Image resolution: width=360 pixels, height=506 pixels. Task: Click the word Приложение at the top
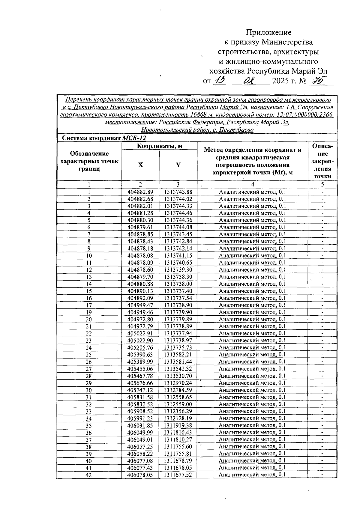click(268, 32)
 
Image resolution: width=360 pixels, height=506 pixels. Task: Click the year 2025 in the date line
click(280, 81)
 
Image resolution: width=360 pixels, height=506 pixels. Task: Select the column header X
click(140, 165)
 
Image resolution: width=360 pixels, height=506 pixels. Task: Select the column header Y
click(178, 165)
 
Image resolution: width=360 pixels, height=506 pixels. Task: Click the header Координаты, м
click(160, 146)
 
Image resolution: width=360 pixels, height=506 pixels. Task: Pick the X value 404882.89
click(140, 192)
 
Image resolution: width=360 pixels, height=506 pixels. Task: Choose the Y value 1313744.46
click(178, 213)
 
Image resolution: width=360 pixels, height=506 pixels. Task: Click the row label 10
click(89, 256)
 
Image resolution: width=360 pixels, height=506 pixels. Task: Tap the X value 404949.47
click(140, 305)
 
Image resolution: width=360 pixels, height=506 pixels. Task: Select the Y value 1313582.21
click(178, 355)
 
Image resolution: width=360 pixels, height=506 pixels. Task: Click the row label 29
click(89, 383)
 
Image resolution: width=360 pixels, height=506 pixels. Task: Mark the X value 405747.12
click(140, 390)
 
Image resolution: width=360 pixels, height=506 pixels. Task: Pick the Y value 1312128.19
click(178, 418)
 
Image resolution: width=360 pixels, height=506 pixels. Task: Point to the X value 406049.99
click(140, 433)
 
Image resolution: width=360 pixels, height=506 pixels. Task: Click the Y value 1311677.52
click(178, 475)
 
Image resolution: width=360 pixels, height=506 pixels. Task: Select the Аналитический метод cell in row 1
click(252, 192)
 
